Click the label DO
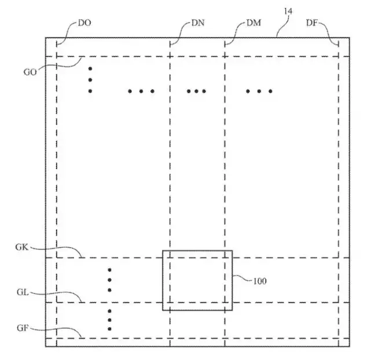(85, 23)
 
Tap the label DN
(198, 23)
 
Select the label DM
(254, 23)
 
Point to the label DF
(312, 23)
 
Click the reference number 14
(288, 11)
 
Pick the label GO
(30, 72)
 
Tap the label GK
(22, 247)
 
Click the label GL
(23, 292)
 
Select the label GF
(23, 328)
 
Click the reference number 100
(260, 281)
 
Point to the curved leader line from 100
(242, 278)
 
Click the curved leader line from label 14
(283, 26)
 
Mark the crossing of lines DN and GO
(170, 57)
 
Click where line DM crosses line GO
(225, 57)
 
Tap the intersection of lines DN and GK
(170, 258)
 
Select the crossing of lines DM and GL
(225, 303)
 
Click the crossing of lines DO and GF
(57, 338)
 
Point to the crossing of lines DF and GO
(339, 57)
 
